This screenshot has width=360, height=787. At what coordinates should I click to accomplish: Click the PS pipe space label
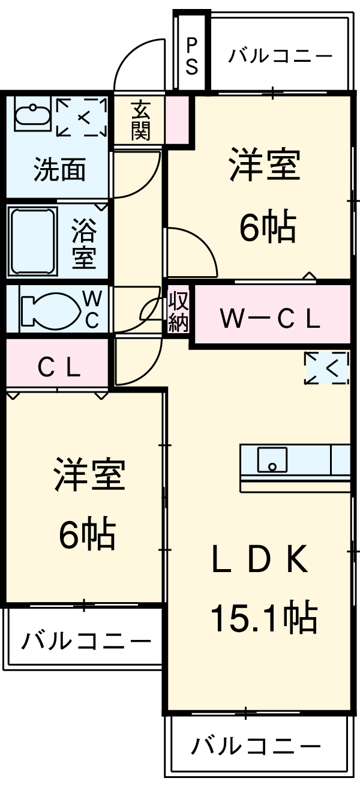click(192, 56)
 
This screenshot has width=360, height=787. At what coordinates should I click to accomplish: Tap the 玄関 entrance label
click(140, 121)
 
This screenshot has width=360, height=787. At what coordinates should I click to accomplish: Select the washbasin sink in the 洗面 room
click(32, 114)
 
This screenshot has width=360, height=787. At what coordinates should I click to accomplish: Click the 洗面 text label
click(59, 169)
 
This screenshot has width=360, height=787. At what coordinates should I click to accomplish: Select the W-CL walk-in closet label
click(270, 318)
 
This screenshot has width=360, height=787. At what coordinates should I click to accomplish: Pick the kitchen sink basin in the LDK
click(272, 460)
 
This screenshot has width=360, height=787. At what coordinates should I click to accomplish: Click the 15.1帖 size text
click(264, 618)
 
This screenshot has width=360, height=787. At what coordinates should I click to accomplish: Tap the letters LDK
click(260, 559)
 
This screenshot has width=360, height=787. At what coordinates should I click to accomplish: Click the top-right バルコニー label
click(280, 56)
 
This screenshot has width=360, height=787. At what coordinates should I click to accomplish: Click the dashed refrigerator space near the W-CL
click(327, 368)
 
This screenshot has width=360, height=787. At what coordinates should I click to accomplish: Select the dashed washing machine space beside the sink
click(82, 117)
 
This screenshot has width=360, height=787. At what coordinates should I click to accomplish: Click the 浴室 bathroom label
click(84, 243)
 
